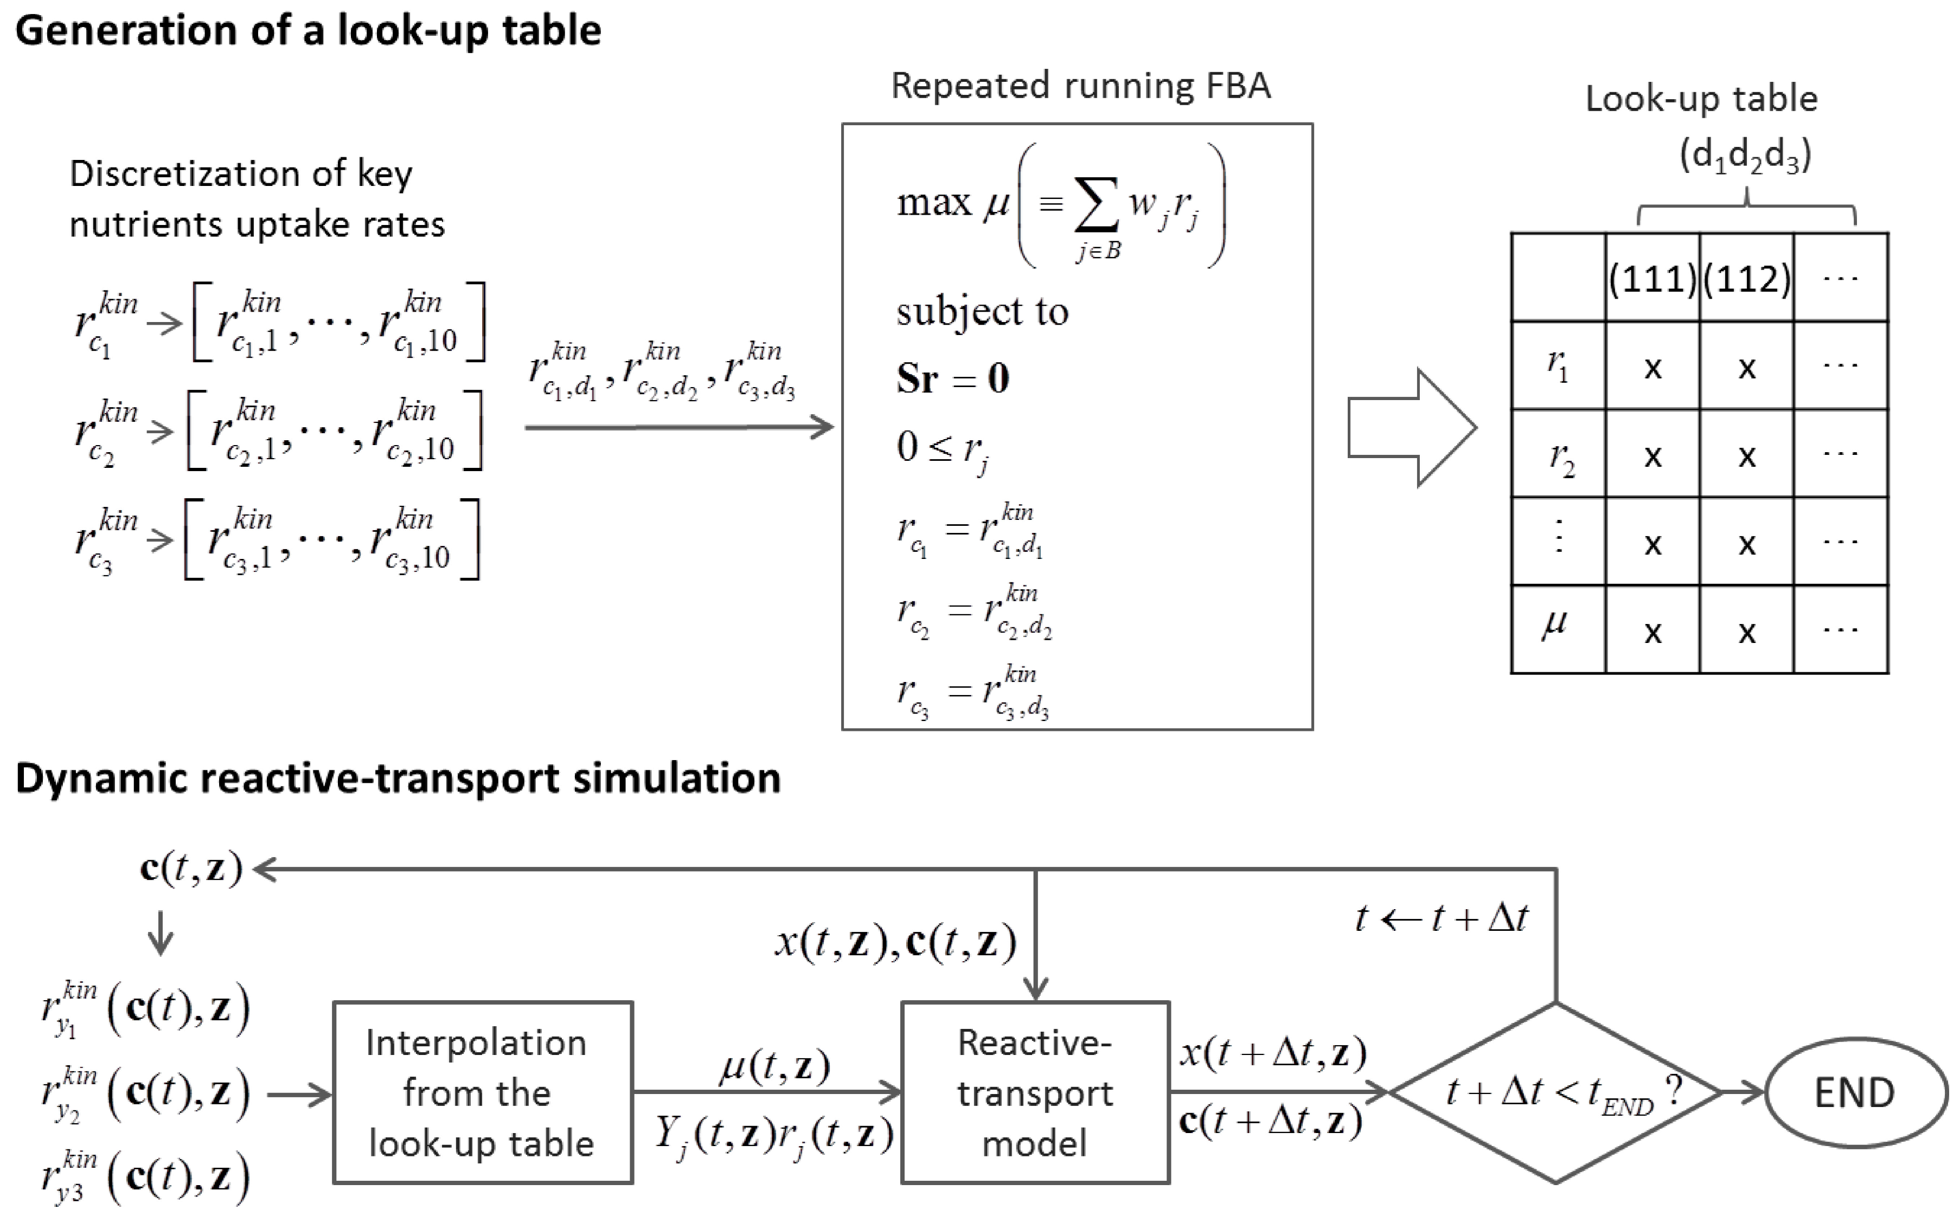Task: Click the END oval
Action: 1855,1092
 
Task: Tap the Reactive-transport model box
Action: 1035,1092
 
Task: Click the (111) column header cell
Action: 1652,278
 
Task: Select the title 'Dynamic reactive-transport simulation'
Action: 398,779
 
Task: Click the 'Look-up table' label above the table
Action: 1701,99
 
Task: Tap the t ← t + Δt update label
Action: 1441,918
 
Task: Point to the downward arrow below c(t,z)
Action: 161,933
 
